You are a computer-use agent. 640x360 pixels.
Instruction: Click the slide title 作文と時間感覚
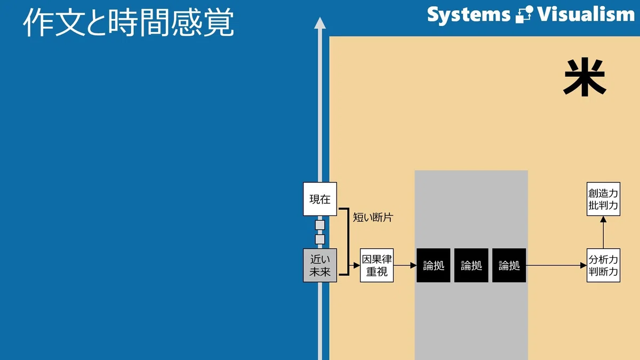pos(129,22)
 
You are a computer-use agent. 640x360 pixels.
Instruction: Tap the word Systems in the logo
pos(469,15)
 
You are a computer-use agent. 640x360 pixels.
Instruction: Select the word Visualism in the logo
pos(586,14)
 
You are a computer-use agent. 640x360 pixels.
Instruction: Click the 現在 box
pos(320,199)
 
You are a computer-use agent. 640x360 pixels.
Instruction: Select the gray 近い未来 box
pos(320,265)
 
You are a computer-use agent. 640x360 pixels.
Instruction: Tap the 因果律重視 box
pos(377,265)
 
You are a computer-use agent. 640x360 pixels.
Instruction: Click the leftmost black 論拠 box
pos(434,266)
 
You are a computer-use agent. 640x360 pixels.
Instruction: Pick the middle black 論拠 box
pos(471,266)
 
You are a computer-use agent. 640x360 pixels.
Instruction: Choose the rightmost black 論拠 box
pos(509,266)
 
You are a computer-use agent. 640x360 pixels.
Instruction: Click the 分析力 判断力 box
pos(603,265)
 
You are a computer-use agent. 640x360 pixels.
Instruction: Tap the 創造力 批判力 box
pos(603,199)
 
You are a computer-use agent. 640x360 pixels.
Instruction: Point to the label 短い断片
pos(373,218)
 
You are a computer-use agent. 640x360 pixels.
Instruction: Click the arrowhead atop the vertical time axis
pos(320,23)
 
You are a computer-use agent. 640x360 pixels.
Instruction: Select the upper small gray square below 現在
pos(320,225)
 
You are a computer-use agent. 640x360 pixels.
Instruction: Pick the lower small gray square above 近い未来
pos(320,239)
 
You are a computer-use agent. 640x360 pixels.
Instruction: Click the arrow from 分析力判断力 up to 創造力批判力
pos(603,233)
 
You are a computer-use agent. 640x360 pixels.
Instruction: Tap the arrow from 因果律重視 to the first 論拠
pos(405,266)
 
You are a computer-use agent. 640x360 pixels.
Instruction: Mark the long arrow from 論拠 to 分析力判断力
pos(556,266)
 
